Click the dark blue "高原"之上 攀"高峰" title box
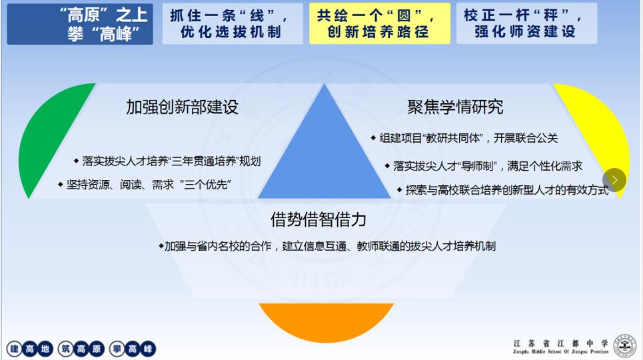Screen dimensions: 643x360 80,24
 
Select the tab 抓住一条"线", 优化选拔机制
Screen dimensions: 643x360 233,23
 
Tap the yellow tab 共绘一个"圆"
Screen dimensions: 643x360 380,23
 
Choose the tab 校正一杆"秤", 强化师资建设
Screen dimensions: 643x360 526,23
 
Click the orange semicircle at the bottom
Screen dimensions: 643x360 326,319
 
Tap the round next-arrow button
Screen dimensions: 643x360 614,180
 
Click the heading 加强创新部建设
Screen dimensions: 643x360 182,107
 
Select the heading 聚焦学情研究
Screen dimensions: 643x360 455,107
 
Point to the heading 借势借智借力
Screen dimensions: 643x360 319,219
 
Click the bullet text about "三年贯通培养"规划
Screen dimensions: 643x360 167,161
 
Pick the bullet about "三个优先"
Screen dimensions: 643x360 145,185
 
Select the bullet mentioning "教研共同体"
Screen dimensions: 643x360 464,138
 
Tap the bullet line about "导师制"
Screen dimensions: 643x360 484,166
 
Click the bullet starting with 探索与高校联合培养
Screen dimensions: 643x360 503,189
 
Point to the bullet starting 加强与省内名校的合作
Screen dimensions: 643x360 327,246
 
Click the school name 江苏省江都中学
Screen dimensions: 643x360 560,343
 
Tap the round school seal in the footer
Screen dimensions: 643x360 624,345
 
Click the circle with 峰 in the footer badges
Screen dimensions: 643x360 148,349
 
